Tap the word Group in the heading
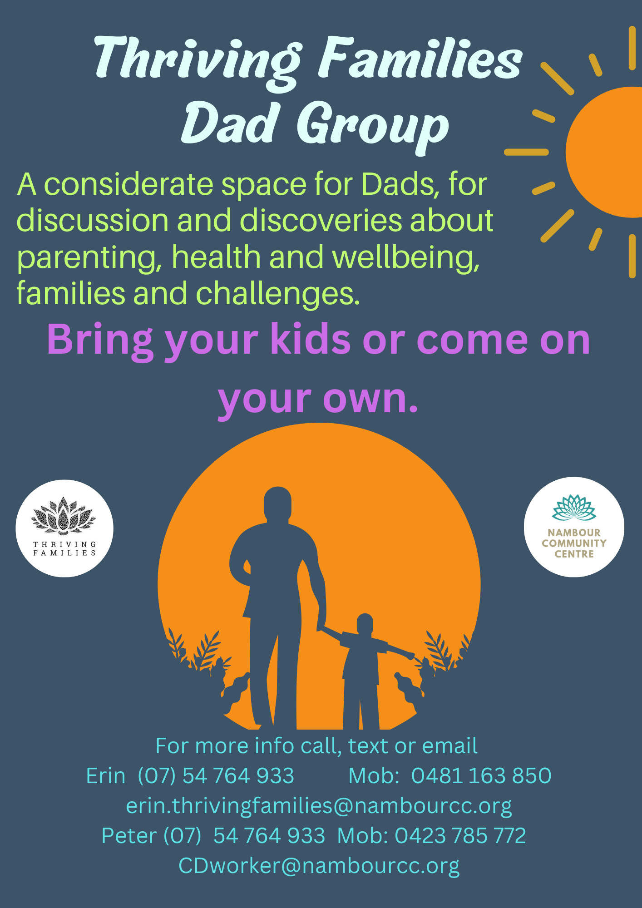coord(373,125)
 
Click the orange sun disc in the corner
coord(604,152)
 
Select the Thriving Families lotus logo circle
coord(64,528)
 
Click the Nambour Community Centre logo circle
coord(574,527)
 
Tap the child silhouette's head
coord(365,625)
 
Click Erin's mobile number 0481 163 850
coord(481,775)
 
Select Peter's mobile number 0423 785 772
coord(460,835)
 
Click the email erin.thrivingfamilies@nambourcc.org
coord(319,806)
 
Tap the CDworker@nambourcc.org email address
coord(319,866)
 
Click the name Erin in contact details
coord(106,775)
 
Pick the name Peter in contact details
coord(129,835)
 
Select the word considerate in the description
coord(128,184)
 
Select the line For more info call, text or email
coord(316,746)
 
